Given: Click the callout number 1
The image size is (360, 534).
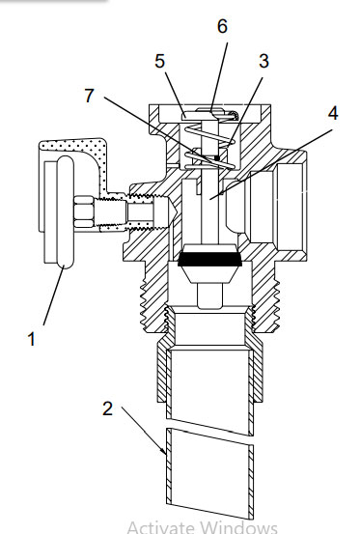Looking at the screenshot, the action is pos(31,339).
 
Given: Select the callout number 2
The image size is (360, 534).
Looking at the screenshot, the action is pos(107,408).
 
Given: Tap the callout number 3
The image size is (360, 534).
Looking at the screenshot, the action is pos(264,61).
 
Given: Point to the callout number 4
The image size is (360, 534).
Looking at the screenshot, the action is pos(333,113).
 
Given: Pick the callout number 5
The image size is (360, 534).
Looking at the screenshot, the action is pos(159,61).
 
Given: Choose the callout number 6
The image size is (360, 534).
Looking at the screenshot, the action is pos(222,26).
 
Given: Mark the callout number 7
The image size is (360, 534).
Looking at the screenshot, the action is pos(89,96).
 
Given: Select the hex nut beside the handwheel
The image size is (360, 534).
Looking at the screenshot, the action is pos(84,211).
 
